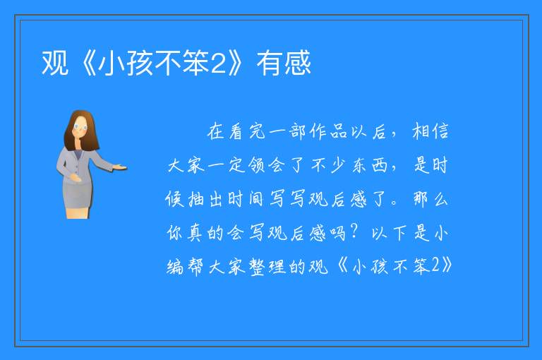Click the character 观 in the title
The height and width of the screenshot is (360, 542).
tap(55, 63)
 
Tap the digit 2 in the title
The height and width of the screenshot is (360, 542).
tap(218, 64)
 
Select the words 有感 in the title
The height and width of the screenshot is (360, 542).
tap(284, 63)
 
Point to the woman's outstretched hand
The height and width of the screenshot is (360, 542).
tap(119, 167)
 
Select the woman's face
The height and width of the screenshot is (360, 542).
tap(80, 127)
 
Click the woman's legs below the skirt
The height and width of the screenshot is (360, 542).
tap(78, 212)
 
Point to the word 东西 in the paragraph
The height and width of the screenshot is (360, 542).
tap(370, 165)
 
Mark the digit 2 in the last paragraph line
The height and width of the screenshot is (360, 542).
tap(435, 265)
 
